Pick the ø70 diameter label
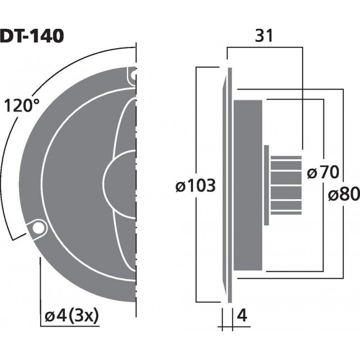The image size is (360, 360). pyautogui.click(x=322, y=172)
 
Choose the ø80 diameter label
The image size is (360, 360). pyautogui.click(x=343, y=194)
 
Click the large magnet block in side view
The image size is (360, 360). pyautogui.click(x=247, y=184)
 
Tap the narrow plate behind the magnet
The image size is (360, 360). pyautogui.click(x=266, y=184)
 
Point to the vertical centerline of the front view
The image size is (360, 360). pyautogui.click(x=135, y=180)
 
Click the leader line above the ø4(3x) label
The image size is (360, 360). pyautogui.click(x=40, y=279)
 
